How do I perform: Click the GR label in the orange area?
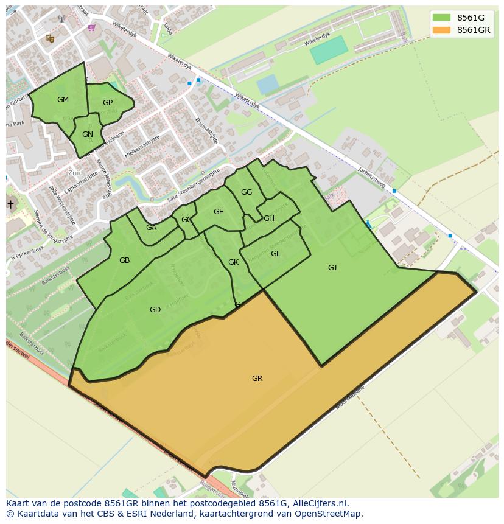257,379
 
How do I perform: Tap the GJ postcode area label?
332,268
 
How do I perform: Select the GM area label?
63,100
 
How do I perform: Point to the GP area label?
108,103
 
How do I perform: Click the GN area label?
88,134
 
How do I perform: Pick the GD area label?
155,310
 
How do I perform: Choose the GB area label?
124,260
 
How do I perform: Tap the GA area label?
151,228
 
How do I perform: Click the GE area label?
219,212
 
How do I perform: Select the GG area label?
247,192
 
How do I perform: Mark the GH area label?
268,218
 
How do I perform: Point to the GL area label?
275,254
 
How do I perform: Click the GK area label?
233,262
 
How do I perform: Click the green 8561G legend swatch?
442,18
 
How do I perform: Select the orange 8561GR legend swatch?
442,30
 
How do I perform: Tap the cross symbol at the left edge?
10,204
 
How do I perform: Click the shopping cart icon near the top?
91,27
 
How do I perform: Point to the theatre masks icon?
50,38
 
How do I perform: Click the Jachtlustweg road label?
372,177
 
